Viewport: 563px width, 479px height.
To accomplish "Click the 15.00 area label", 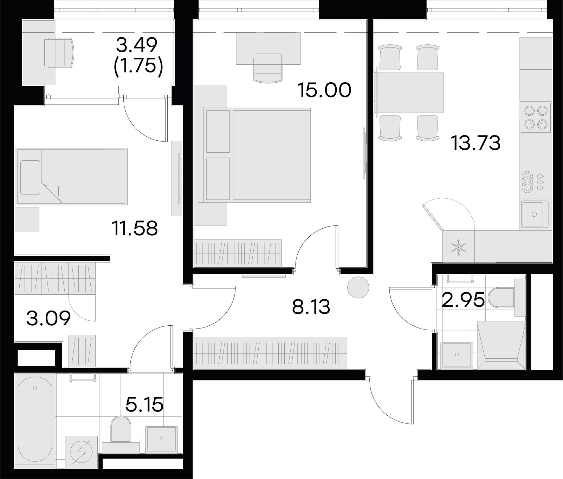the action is pyautogui.click(x=324, y=90).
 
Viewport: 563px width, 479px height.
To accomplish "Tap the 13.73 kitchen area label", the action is pyautogui.click(x=476, y=143).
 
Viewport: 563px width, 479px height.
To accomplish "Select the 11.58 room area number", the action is pyautogui.click(x=135, y=228).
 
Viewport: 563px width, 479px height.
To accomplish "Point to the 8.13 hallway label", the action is pyautogui.click(x=311, y=307).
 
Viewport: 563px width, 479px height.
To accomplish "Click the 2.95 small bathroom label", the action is pyautogui.click(x=463, y=300).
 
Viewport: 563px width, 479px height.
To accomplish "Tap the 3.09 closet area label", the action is pyautogui.click(x=48, y=319).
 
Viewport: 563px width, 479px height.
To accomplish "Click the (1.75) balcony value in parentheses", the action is pyautogui.click(x=138, y=65).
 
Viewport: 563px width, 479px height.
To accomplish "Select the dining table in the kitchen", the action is pyautogui.click(x=409, y=93).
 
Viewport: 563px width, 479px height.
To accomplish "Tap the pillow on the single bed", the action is pyautogui.click(x=30, y=178).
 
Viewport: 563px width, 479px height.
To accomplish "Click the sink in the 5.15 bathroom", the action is pyautogui.click(x=162, y=439).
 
